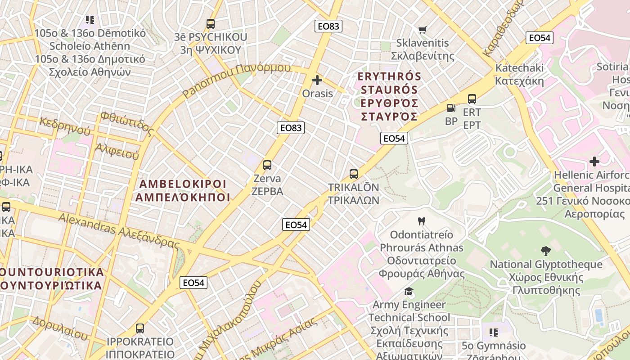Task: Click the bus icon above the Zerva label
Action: point(267,165)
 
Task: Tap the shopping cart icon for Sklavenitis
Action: point(422,30)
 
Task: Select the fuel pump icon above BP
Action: point(450,108)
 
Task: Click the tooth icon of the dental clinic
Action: point(422,221)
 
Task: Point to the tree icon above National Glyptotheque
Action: point(545,251)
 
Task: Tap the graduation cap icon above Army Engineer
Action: point(409,291)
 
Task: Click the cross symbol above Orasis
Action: point(317,80)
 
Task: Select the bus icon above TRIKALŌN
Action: point(354,174)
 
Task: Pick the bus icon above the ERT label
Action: point(472,99)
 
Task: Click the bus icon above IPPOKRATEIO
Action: point(140,328)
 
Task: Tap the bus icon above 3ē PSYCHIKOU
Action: point(210,23)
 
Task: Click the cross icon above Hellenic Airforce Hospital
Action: point(594,161)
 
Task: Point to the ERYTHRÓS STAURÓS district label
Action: point(390,96)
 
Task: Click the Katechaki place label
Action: point(519,74)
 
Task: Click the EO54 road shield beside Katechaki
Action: point(539,38)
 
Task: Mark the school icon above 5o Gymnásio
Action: point(494,333)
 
